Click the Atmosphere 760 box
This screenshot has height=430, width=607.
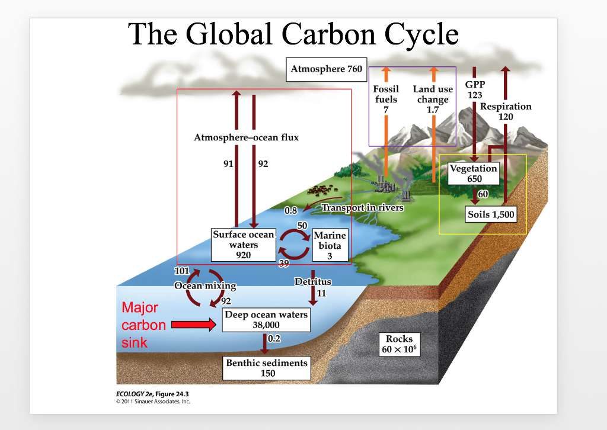click(x=327, y=70)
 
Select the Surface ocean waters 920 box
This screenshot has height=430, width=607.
click(x=244, y=245)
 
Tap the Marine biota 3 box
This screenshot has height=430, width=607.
click(x=330, y=245)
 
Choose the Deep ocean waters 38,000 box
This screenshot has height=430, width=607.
click(x=266, y=320)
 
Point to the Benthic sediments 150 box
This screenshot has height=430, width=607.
click(x=267, y=368)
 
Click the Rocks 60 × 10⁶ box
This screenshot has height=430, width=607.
click(x=399, y=344)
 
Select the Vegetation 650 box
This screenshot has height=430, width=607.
click(x=474, y=173)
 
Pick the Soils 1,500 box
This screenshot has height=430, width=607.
click(x=491, y=214)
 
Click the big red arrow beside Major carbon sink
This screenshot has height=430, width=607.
click(x=194, y=325)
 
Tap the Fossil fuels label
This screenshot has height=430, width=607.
click(x=386, y=94)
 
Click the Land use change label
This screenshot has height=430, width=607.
click(x=433, y=94)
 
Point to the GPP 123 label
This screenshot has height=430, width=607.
click(x=475, y=89)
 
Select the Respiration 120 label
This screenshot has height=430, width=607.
click(x=506, y=111)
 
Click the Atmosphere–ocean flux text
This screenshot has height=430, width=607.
click(x=246, y=137)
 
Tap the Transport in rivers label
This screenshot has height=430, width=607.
click(x=363, y=208)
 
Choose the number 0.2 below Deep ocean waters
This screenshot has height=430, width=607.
click(x=274, y=338)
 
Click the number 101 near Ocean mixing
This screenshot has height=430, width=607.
click(x=181, y=271)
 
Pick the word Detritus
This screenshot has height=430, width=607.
click(x=313, y=281)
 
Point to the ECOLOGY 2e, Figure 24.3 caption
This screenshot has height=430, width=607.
click(x=152, y=394)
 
